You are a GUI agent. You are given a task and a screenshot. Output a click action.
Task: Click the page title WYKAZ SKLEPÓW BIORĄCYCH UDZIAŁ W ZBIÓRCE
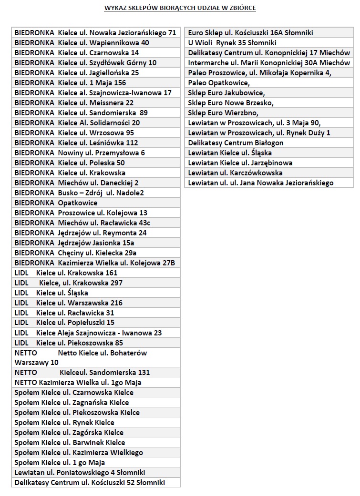click(180, 8)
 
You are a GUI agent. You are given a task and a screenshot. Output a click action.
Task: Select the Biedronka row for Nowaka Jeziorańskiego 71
click(95, 33)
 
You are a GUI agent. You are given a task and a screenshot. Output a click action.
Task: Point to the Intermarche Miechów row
click(269, 63)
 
